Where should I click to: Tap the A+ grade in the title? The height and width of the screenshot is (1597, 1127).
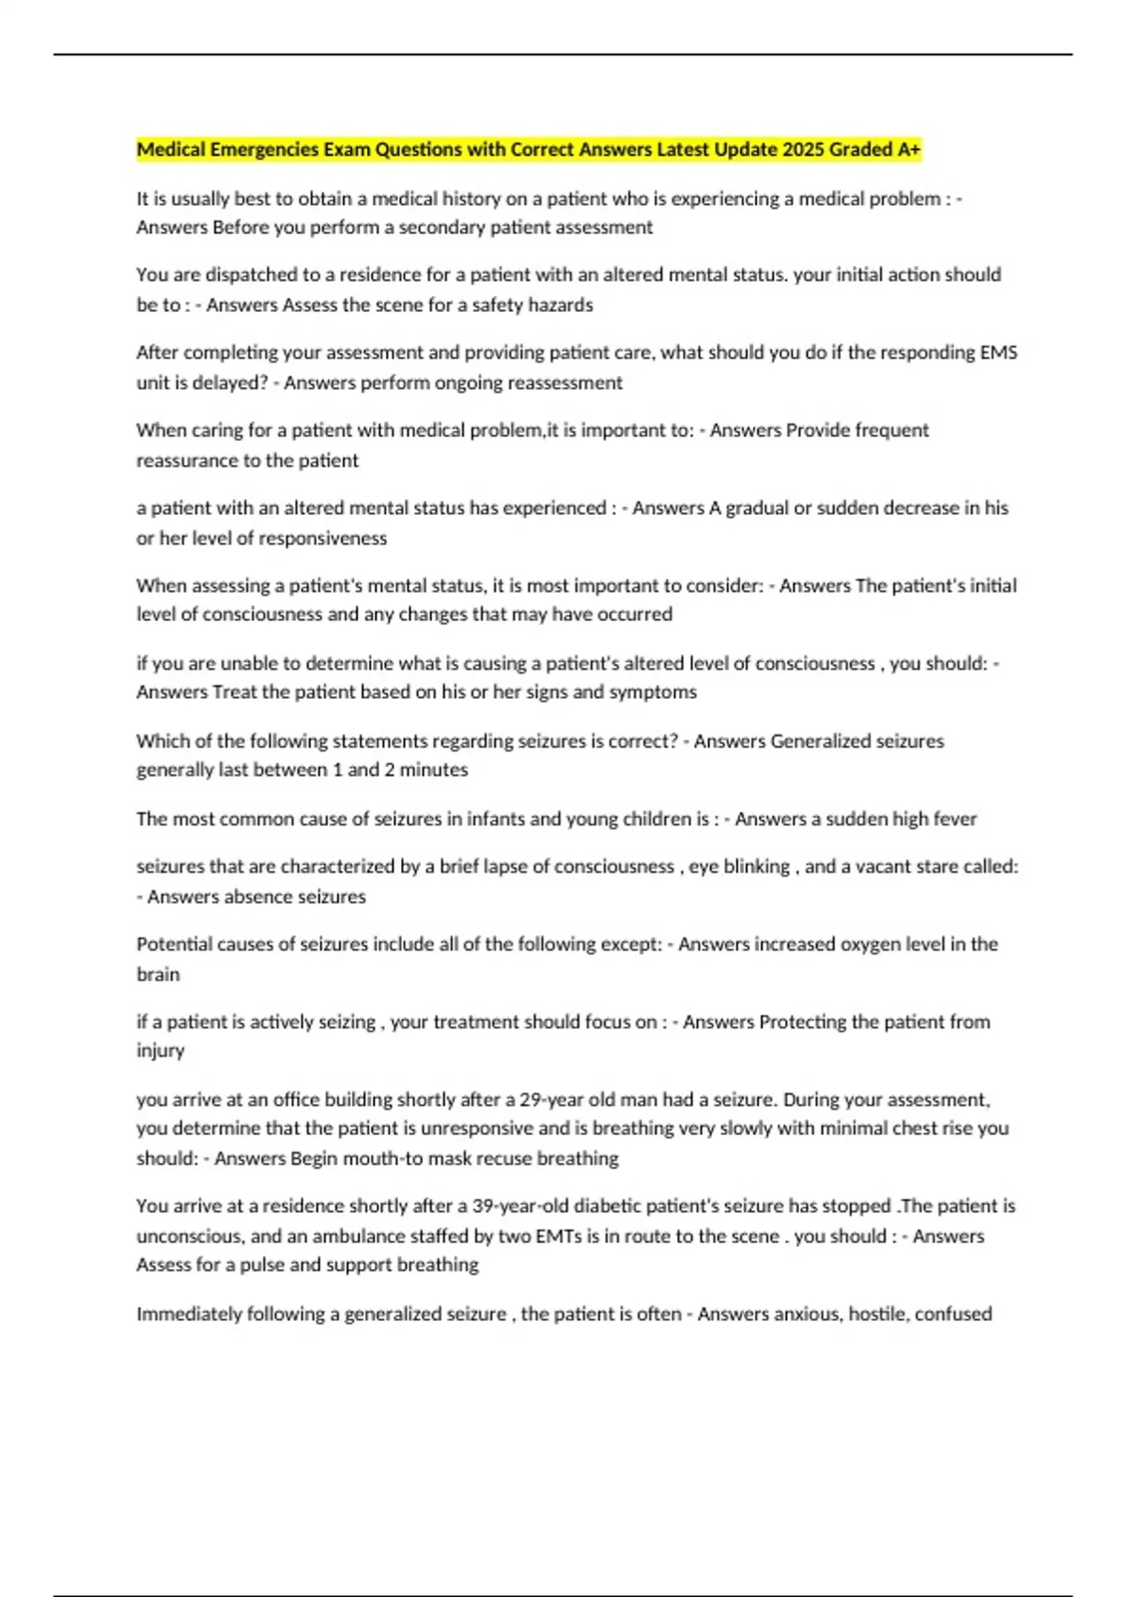pos(908,149)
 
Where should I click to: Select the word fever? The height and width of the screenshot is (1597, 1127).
pos(955,818)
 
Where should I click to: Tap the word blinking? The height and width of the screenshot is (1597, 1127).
pos(756,866)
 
